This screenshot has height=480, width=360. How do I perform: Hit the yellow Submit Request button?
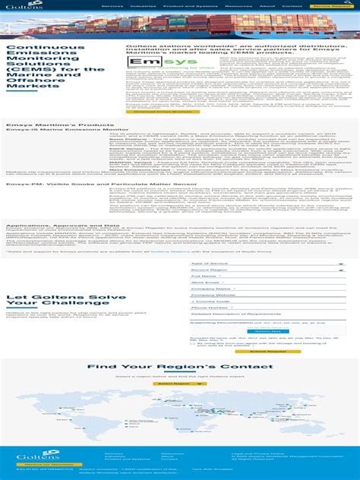[267, 351]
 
